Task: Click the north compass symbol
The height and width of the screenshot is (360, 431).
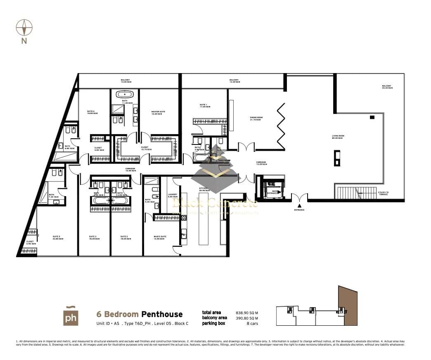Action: [24, 28]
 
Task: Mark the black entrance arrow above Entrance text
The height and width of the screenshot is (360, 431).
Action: [299, 205]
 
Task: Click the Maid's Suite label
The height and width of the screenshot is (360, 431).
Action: [160, 237]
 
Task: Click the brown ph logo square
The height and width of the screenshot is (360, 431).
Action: [71, 316]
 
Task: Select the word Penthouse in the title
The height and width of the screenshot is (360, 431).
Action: [162, 315]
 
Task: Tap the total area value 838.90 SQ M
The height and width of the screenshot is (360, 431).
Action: [247, 313]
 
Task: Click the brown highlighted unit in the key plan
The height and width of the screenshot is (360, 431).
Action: [347, 306]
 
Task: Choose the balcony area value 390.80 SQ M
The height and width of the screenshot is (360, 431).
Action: [247, 318]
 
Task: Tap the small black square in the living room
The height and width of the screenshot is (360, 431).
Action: [372, 118]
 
